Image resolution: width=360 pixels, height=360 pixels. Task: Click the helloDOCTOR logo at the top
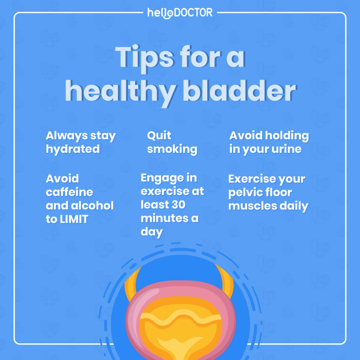[x=180, y=13]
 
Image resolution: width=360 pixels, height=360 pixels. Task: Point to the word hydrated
[x=73, y=149]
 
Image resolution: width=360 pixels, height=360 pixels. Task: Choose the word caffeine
[x=69, y=192]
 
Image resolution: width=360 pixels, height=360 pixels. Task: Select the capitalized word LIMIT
[x=74, y=219]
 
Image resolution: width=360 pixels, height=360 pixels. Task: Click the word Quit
[x=159, y=136]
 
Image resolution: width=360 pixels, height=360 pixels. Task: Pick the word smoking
[x=172, y=149]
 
